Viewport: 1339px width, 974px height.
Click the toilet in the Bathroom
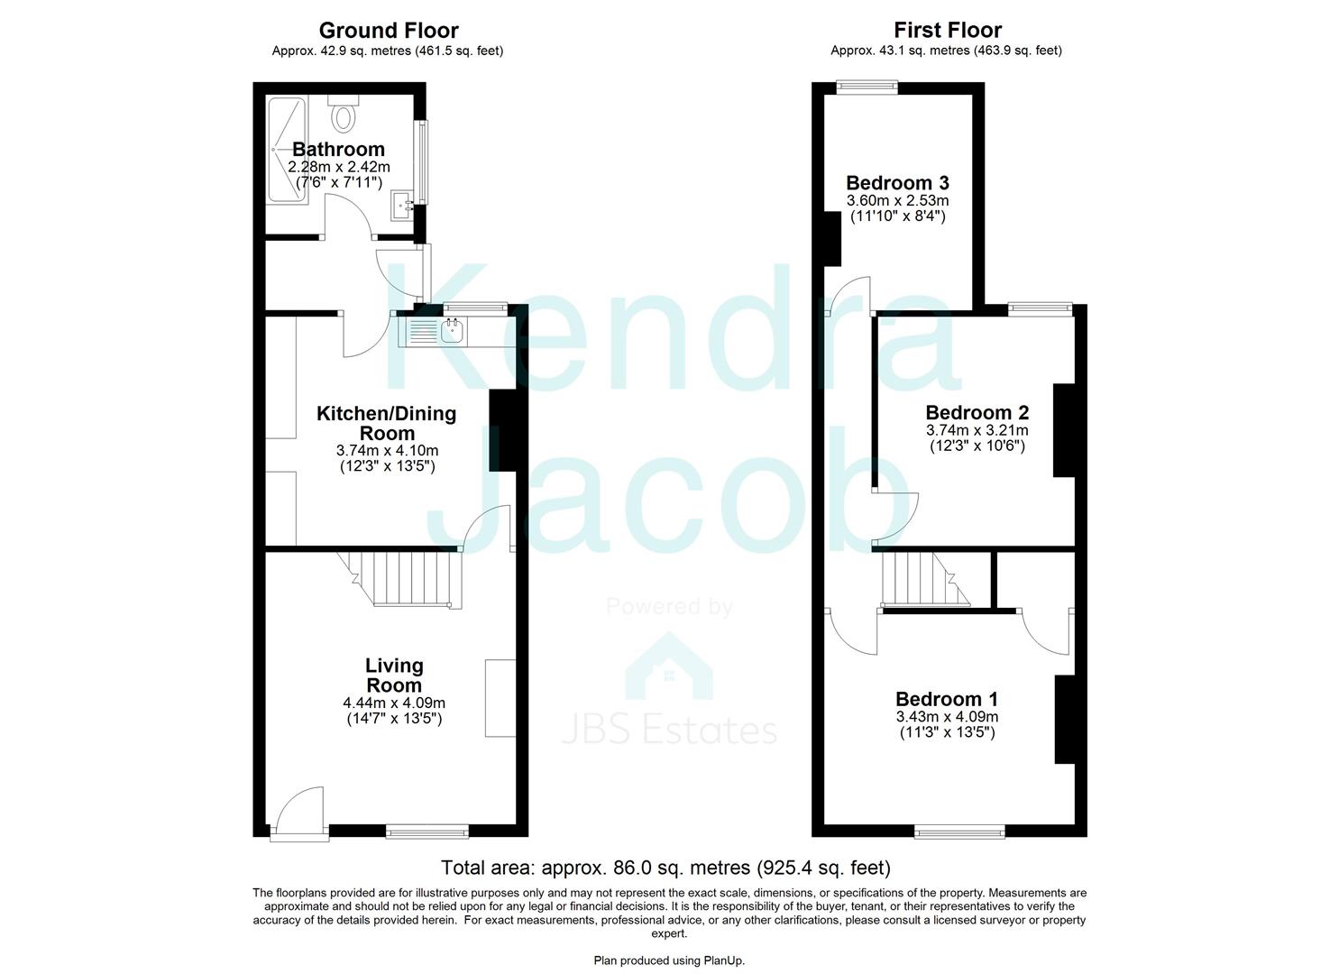click(x=344, y=114)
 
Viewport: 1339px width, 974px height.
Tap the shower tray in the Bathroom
click(x=288, y=149)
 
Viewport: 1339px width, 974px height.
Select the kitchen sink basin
click(x=452, y=333)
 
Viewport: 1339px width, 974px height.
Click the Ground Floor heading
click(x=388, y=31)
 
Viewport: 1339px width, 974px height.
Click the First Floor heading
click(x=947, y=31)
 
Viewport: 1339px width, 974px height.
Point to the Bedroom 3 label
click(x=897, y=184)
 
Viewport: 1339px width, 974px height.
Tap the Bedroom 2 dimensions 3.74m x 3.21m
click(x=977, y=430)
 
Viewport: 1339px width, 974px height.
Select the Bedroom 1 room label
click(x=946, y=699)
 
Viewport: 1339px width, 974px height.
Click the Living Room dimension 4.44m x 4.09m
click(x=394, y=703)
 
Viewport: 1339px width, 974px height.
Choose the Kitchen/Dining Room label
click(x=386, y=423)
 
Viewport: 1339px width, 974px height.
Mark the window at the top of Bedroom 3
click(x=866, y=87)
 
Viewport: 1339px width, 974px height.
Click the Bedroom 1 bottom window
click(x=959, y=831)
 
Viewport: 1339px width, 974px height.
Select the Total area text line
click(x=665, y=868)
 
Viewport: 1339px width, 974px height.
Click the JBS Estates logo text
click(x=669, y=730)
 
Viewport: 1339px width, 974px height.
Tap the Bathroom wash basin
click(x=402, y=207)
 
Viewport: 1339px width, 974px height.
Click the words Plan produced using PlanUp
click(x=669, y=960)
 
